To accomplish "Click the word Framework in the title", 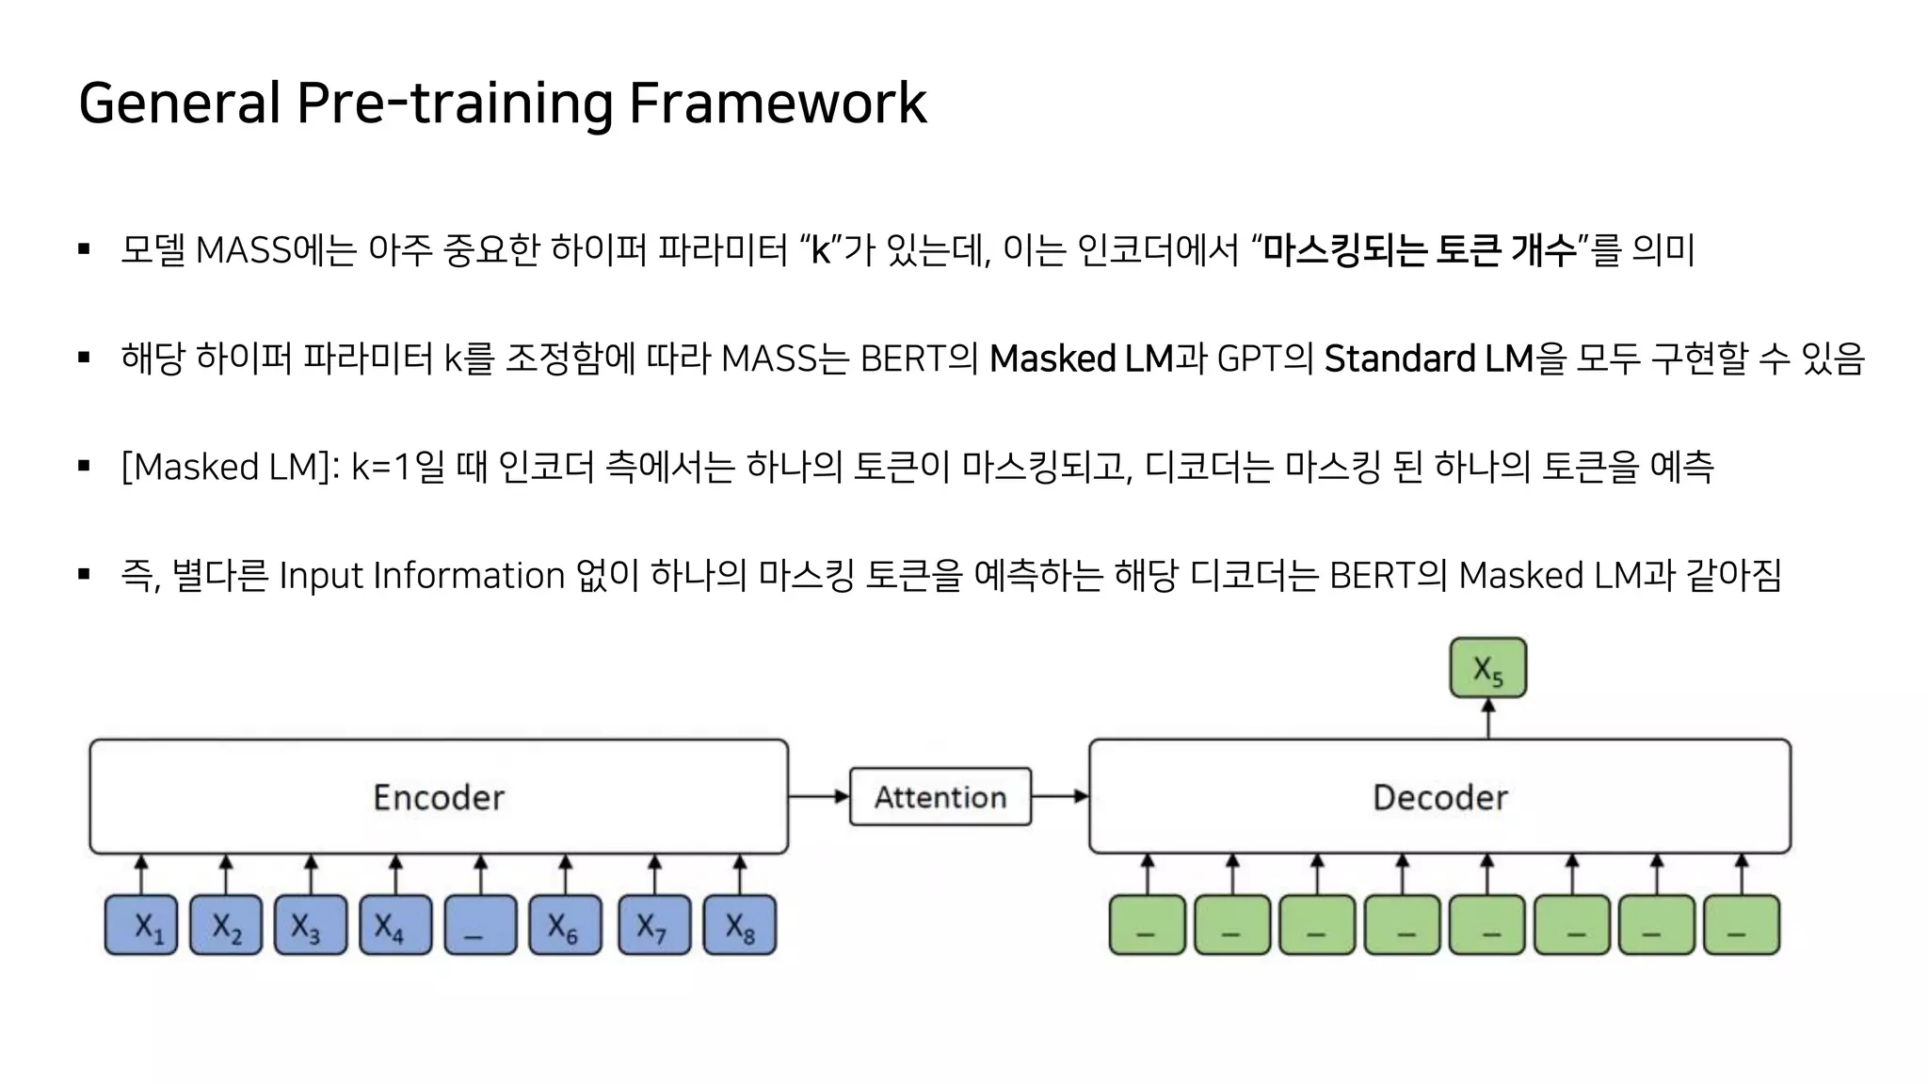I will point(777,103).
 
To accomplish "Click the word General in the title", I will point(179,103).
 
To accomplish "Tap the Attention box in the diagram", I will point(940,797).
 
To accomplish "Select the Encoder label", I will point(439,797).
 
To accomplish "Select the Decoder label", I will point(1439,797).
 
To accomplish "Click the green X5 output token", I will point(1487,668).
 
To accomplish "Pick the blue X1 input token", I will point(141,926).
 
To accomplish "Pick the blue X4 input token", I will point(395,926).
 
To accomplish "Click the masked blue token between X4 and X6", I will point(480,926).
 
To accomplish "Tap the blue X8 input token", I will point(740,926).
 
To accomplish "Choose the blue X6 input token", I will point(565,926).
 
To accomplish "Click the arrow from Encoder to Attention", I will point(818,797).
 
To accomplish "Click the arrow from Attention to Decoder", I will point(1059,797).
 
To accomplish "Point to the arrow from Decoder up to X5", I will point(1487,719).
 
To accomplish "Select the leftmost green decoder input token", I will point(1147,926).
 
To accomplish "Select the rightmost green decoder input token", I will point(1742,926).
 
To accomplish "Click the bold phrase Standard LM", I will point(1428,359).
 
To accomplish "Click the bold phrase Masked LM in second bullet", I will point(1081,359).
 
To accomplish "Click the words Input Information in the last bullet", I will point(422,575).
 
